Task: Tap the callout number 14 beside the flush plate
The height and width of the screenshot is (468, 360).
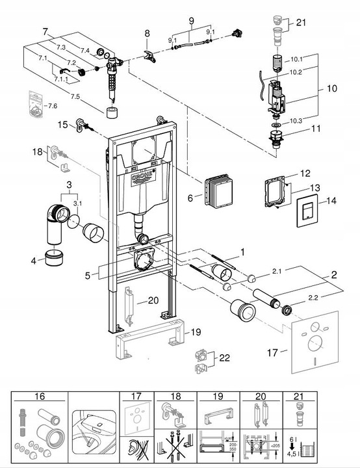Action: (331, 201)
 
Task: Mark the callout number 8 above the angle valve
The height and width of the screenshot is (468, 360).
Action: (148, 32)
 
